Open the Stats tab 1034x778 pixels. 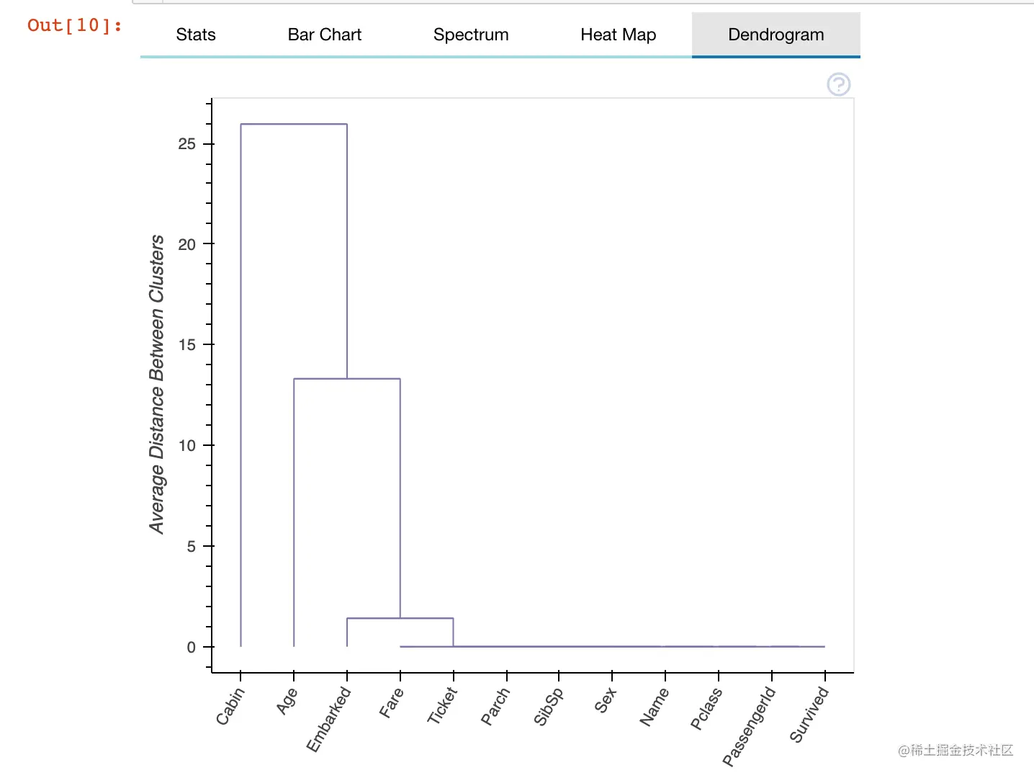coord(196,35)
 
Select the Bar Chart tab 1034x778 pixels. coord(324,35)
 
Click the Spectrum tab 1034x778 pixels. coord(471,35)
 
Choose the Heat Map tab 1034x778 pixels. coord(618,35)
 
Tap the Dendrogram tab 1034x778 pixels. coord(775,35)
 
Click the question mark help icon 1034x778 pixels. coord(839,84)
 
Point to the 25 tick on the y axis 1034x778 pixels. coord(187,144)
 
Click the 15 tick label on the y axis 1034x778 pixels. coord(187,345)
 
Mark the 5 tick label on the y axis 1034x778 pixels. coord(192,546)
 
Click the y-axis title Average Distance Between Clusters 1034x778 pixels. coord(157,384)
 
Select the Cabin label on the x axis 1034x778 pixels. coord(230,706)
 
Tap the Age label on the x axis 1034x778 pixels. coord(287,701)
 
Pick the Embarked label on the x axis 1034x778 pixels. coord(329,719)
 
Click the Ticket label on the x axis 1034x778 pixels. coord(442,705)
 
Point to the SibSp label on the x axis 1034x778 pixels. coord(549,707)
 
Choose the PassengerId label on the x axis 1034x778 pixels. coord(750,726)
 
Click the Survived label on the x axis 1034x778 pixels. coord(809,714)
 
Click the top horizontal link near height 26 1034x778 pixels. coord(294,124)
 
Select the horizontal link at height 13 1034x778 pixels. coord(347,378)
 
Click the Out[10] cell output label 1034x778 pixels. coord(75,25)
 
